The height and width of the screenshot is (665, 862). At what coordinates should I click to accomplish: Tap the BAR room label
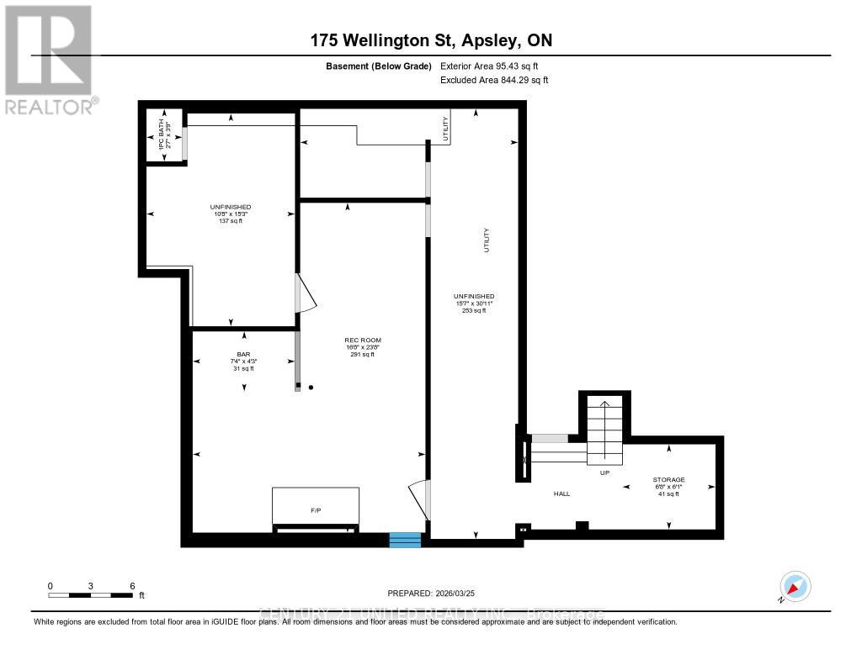244,354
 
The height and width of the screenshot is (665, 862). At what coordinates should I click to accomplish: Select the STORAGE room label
669,479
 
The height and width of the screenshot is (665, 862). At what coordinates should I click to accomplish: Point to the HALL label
561,493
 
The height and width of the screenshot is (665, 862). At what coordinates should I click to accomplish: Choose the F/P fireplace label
316,509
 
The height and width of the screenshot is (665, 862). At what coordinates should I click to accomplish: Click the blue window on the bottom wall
405,540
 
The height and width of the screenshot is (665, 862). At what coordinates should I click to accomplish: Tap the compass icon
795,586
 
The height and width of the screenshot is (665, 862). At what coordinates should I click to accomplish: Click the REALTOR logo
49,59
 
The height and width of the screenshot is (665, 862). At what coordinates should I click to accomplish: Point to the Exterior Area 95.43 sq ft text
494,66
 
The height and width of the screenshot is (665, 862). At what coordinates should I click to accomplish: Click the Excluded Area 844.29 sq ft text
494,81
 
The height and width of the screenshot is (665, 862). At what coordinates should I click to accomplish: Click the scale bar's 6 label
131,585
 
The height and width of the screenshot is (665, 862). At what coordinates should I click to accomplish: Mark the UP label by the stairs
604,473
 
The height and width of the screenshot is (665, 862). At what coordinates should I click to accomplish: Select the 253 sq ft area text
474,311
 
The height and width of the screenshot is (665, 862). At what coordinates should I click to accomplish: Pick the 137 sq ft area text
231,221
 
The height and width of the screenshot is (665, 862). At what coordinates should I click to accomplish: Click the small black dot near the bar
311,388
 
